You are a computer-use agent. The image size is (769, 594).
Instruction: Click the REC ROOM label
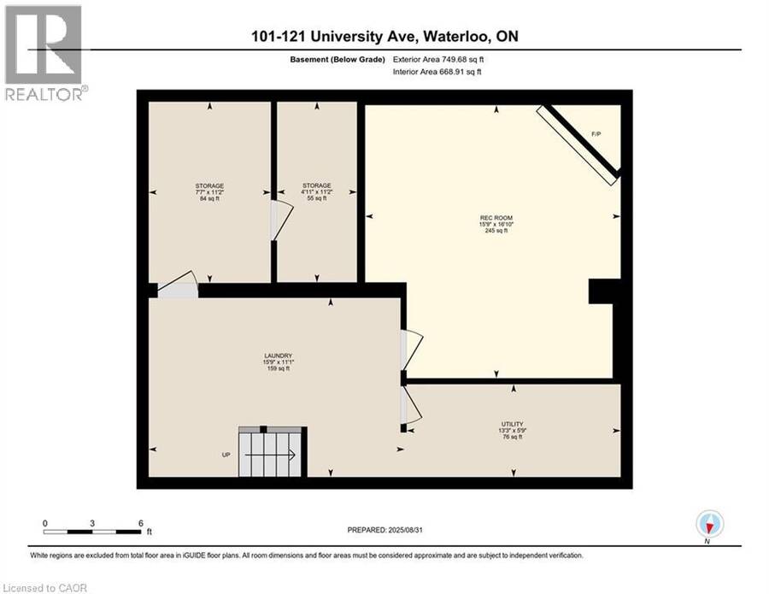(496, 224)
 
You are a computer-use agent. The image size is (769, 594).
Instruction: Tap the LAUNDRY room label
(278, 362)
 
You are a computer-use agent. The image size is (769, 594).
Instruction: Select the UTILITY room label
(513, 430)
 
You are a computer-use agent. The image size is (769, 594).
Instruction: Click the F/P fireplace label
(596, 133)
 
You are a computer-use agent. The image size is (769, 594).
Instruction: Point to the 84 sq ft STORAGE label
(209, 192)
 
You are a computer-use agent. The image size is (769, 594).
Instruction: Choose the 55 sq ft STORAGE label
(316, 191)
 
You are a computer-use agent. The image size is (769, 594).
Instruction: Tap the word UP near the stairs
(226, 455)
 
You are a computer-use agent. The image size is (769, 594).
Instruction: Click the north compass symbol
(709, 525)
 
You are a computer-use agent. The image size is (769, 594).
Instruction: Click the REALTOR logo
(44, 53)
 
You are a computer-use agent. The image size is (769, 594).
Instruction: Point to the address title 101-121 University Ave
(384, 36)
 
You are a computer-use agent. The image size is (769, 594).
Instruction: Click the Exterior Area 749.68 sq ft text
(438, 59)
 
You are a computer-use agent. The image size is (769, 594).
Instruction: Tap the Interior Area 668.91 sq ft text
(437, 72)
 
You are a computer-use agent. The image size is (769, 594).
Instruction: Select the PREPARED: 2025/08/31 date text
(385, 530)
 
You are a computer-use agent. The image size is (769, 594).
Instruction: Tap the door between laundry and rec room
(411, 350)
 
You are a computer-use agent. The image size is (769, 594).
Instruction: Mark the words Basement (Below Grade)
(338, 59)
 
